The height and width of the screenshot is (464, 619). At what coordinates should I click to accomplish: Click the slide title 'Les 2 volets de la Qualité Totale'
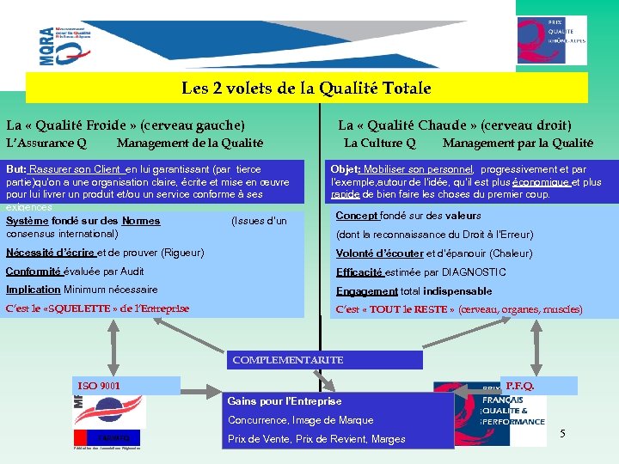[306, 88]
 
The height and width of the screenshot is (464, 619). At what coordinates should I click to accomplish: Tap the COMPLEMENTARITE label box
[288, 360]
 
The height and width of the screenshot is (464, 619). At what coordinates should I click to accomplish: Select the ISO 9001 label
[99, 387]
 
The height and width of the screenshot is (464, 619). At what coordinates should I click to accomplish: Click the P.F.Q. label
[519, 387]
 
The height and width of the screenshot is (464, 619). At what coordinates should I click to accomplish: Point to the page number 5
[562, 433]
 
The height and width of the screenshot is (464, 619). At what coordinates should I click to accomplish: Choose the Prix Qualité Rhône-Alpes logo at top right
[552, 40]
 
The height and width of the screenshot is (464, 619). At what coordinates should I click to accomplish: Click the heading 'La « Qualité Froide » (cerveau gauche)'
[126, 125]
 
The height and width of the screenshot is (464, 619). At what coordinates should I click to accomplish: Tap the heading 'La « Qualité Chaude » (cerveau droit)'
[454, 125]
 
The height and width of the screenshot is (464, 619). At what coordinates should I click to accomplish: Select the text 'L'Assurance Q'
[46, 143]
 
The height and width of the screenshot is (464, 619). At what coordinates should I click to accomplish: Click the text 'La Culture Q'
[379, 143]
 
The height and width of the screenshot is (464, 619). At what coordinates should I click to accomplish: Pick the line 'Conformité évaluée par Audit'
[75, 272]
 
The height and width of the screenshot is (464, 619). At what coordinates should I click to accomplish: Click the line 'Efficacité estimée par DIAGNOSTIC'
[420, 272]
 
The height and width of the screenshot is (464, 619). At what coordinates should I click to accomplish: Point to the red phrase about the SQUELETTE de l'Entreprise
[97, 308]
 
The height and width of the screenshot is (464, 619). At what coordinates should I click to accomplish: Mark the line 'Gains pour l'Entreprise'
[284, 401]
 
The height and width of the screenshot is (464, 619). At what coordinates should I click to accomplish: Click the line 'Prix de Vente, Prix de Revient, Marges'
[316, 439]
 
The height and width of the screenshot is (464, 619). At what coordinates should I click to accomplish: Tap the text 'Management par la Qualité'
[518, 143]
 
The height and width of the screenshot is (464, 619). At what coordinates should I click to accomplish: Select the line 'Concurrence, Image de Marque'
[300, 420]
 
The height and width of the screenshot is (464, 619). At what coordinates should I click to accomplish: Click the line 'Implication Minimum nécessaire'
[82, 290]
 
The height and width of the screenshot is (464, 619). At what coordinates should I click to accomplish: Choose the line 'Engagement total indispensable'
[414, 291]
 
